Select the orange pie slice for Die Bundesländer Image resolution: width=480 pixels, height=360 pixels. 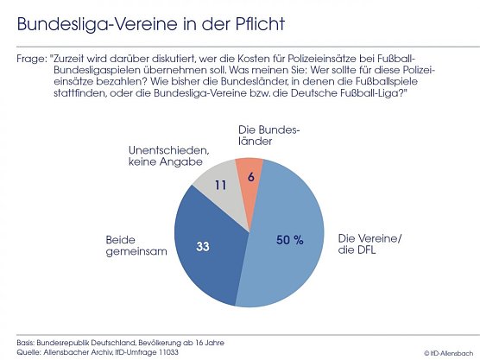[x=249, y=173]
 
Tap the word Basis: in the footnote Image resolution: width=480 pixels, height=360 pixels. [x=28, y=342]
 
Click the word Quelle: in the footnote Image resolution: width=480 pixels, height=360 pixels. [x=30, y=351]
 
